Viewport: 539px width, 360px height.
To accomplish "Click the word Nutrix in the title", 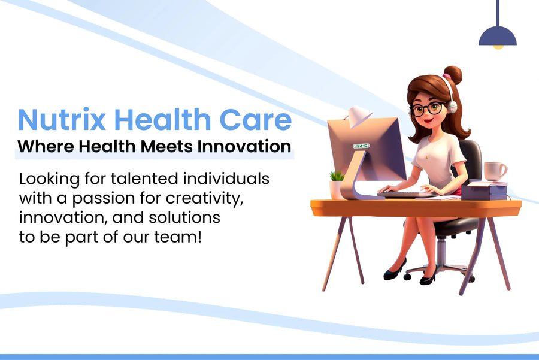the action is click(62, 119).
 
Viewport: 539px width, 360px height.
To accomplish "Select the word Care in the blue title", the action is click(255, 119).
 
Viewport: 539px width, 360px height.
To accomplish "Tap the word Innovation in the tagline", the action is click(244, 146).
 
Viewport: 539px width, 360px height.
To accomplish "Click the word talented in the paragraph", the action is click(144, 179).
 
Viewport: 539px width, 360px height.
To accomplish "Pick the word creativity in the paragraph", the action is click(205, 198).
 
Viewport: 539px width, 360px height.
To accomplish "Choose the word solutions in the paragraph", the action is click(184, 217).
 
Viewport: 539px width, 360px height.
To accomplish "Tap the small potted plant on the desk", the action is click(337, 185).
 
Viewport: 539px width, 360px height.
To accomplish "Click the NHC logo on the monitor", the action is click(361, 146).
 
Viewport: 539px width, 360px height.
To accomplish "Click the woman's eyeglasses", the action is click(426, 108).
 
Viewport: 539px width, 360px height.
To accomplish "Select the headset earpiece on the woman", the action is click(452, 107).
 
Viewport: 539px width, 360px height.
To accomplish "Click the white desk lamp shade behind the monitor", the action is click(359, 116).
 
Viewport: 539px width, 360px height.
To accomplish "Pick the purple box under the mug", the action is click(484, 192).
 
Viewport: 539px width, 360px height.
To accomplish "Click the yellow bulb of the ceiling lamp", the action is click(498, 47).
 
